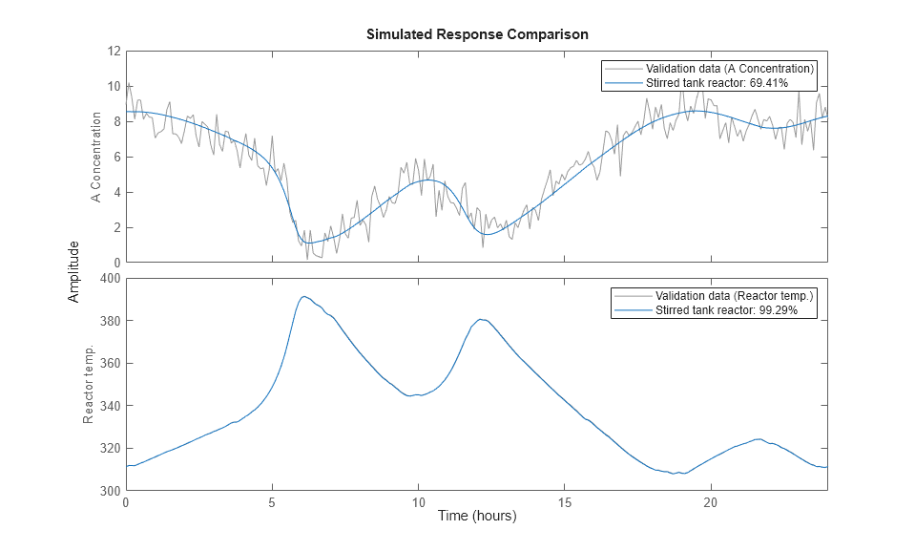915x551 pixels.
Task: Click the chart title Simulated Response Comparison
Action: click(x=476, y=34)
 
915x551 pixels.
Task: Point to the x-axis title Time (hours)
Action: click(x=476, y=516)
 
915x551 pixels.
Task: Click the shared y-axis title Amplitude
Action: click(x=74, y=271)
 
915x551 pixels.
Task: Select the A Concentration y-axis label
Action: click(x=95, y=158)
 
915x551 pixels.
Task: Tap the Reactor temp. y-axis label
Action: click(x=89, y=385)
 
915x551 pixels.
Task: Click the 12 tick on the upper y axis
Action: click(x=113, y=51)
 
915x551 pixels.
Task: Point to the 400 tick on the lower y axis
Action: click(x=109, y=279)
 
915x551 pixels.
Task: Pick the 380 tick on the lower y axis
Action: click(x=109, y=321)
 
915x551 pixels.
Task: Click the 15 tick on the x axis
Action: click(x=564, y=502)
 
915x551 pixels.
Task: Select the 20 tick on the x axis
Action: click(x=710, y=502)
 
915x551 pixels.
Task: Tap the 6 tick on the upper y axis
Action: click(x=115, y=157)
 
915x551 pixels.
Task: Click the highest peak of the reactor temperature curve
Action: click(x=303, y=296)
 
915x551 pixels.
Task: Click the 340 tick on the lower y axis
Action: click(x=109, y=406)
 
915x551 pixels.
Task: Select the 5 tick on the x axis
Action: click(x=272, y=502)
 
